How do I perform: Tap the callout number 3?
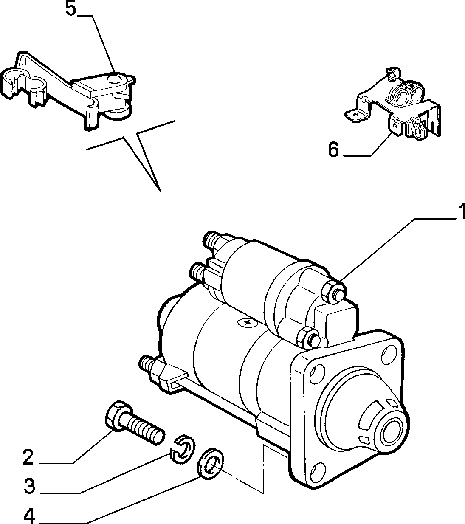[29, 486]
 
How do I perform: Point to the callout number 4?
[29, 515]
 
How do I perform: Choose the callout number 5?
[71, 8]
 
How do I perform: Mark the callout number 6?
[333, 149]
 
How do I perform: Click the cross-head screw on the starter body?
[248, 322]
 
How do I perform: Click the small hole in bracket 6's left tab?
[356, 114]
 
